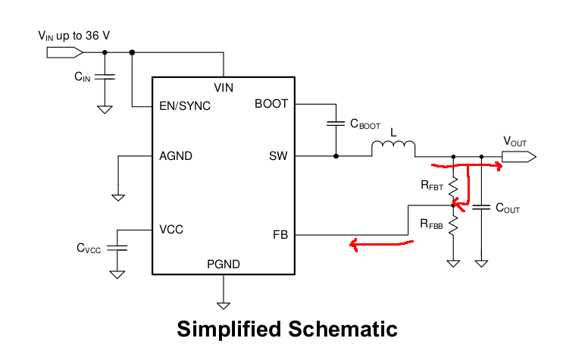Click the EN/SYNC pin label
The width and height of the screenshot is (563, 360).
(185, 106)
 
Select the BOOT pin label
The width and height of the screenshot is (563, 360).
(271, 104)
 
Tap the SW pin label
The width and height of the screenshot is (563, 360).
(278, 156)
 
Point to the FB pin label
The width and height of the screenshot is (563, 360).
(280, 235)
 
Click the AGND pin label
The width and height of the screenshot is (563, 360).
(176, 156)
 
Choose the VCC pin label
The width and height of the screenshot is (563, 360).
(171, 229)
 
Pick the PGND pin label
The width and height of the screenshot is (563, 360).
(224, 265)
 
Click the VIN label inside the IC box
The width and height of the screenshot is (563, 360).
(224, 88)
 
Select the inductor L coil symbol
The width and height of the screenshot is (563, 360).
(393, 145)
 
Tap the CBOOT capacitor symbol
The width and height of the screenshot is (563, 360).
(336, 124)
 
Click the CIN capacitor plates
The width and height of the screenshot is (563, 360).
(105, 77)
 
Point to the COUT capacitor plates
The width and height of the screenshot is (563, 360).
(481, 207)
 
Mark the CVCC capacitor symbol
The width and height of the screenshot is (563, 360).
(117, 248)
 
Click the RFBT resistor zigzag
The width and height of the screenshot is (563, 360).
(453, 187)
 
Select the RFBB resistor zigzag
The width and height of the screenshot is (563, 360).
(453, 226)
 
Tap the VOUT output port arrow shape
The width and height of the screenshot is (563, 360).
(519, 157)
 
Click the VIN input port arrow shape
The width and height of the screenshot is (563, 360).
(65, 53)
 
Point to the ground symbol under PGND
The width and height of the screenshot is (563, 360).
(224, 305)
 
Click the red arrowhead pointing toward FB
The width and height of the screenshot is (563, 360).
(354, 245)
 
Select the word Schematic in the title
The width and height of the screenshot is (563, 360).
(342, 329)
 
